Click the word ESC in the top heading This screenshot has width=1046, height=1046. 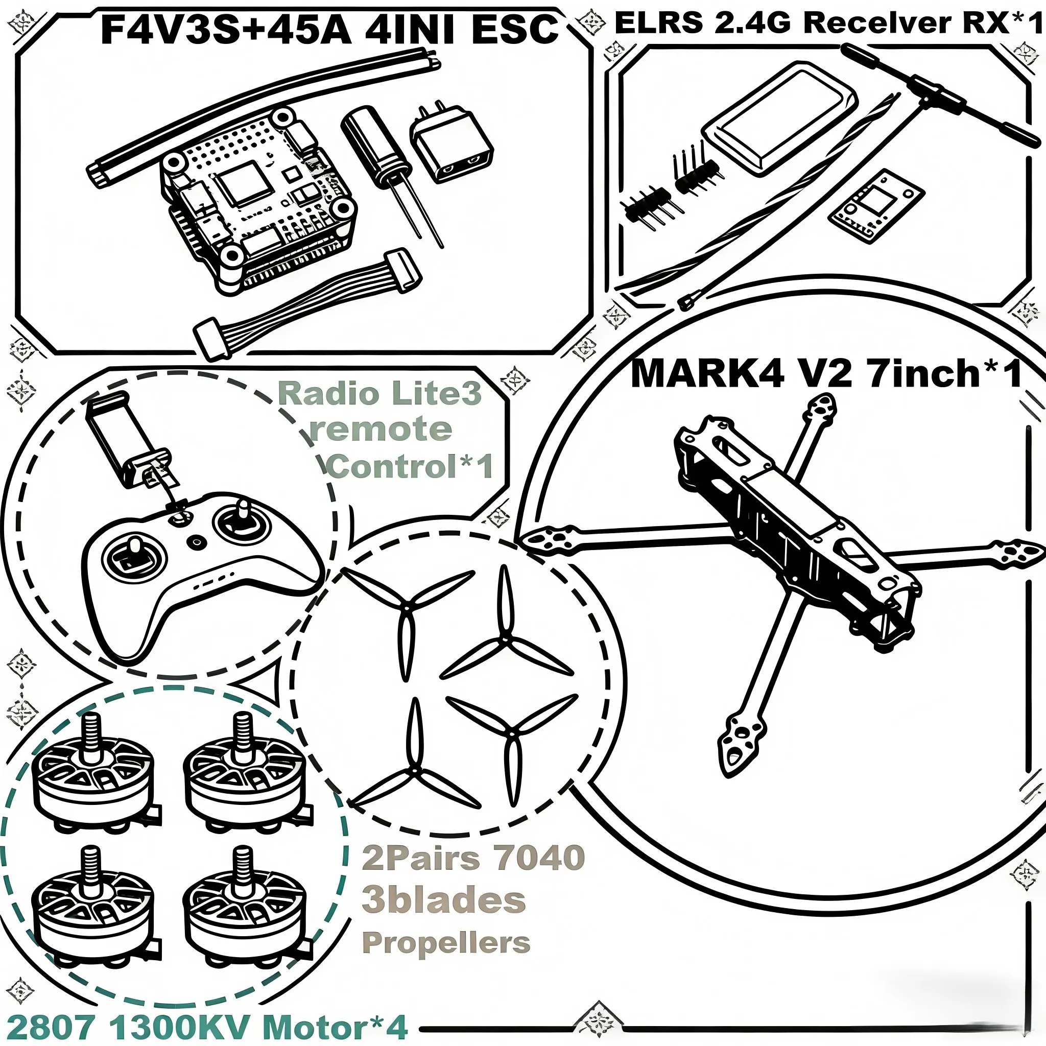click(514, 30)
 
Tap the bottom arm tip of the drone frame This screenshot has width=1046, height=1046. click(739, 747)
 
